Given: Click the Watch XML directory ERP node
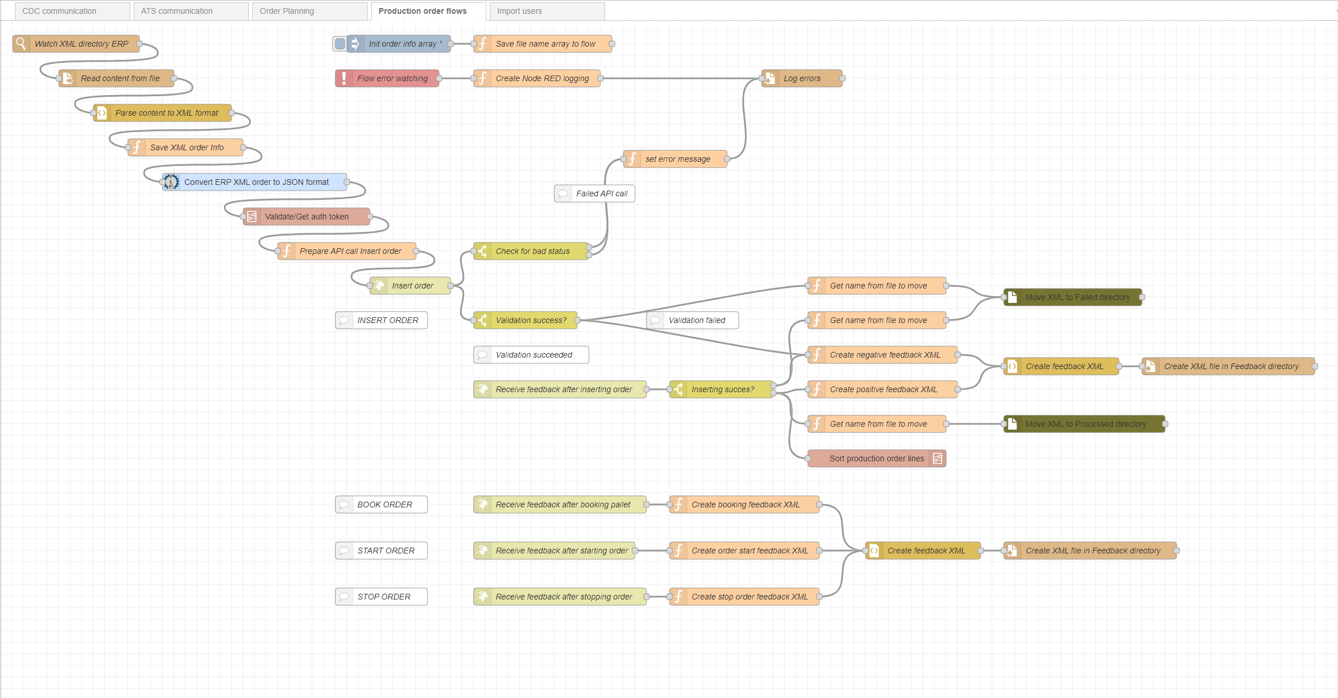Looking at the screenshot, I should pos(81,44).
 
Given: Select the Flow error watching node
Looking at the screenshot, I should pos(392,78).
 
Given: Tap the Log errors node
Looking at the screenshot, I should pos(802,78).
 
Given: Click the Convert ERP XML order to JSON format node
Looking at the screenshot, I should pos(256,182).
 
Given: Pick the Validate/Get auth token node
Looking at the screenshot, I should pos(307,217).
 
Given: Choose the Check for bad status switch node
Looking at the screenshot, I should pos(532,251).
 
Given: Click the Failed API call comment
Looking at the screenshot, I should pos(602,194).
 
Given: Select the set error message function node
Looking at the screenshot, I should pos(678,159).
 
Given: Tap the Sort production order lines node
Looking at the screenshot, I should pos(876,458).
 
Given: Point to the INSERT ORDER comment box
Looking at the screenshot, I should pos(387,320).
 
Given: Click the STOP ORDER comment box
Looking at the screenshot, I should pos(384,597).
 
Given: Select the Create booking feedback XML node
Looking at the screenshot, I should pos(746,504).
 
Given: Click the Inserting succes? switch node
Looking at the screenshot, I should pos(723,389).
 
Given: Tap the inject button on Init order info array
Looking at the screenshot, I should pos(340,44).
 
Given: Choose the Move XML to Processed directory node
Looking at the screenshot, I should pos(1086,424).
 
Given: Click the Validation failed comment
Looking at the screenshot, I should pos(697,320).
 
